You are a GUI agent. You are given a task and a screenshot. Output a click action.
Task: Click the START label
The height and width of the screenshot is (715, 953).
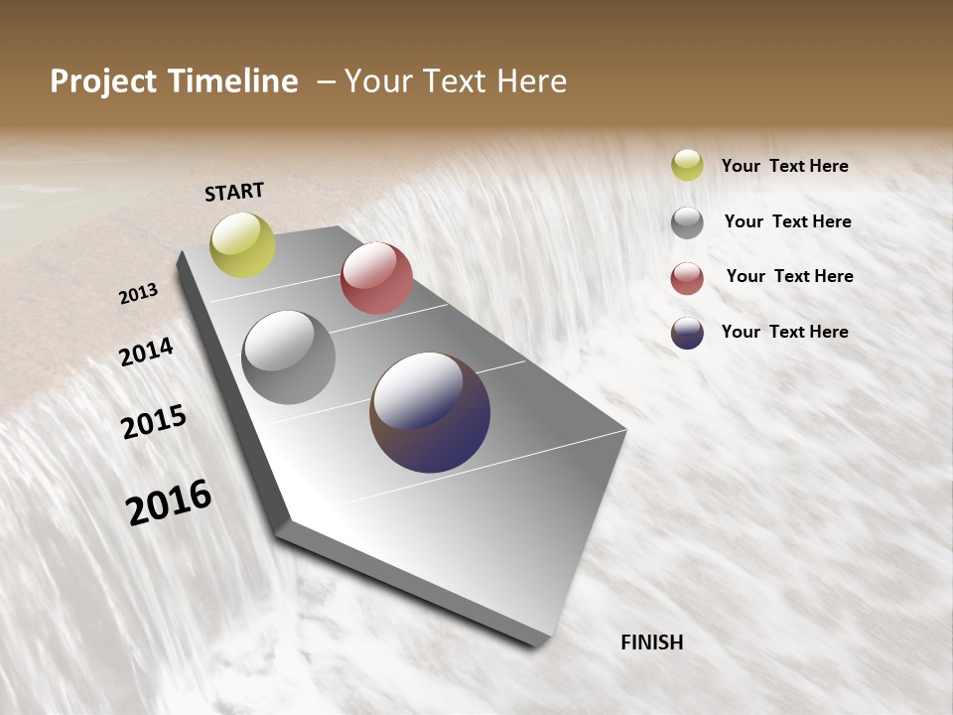pos(234,192)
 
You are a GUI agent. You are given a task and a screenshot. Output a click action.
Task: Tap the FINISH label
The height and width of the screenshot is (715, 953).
pos(652,643)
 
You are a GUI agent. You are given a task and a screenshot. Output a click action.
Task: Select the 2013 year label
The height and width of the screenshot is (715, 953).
pos(138,294)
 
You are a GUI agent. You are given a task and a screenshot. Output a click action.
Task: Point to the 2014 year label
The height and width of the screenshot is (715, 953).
pos(146,353)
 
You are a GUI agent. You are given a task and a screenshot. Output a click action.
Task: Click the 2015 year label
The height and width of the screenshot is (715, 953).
pos(154,422)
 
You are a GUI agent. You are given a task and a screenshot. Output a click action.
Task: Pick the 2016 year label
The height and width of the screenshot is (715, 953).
pos(169,502)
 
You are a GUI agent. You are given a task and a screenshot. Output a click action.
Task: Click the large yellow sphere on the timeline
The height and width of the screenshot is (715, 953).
pos(243,245)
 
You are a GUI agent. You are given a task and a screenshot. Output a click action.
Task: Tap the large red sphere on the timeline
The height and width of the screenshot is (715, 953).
pos(376,278)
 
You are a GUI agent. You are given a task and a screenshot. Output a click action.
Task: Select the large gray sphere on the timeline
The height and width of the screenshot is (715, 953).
pos(289,357)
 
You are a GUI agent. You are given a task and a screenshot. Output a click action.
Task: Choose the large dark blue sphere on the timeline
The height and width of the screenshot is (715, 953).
pos(430,412)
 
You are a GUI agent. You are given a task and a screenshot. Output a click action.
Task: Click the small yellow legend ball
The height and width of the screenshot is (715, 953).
pos(687,166)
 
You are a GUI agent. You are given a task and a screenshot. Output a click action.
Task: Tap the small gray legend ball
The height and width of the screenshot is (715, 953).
pos(687,222)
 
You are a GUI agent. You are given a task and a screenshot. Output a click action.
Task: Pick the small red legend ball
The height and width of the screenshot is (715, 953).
pos(687,278)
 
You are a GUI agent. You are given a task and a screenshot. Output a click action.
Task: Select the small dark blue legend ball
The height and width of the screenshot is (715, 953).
pos(687,333)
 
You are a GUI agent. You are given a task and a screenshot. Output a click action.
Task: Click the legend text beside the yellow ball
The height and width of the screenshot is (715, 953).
pos(784,166)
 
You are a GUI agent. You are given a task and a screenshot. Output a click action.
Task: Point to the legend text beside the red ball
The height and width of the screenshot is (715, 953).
pos(789,276)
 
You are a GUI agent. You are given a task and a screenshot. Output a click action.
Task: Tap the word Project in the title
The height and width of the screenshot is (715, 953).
pos(104,81)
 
